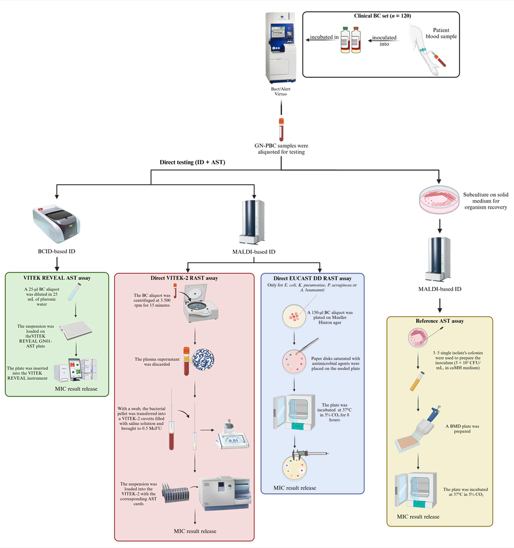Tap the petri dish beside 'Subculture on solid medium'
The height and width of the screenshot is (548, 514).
click(x=439, y=201)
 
